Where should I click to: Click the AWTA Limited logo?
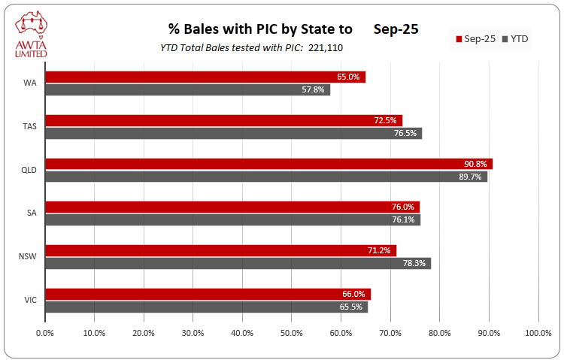30,34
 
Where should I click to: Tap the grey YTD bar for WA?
187,89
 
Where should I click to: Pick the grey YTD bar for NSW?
238,263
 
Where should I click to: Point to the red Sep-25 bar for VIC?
208,294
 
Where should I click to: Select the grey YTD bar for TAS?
233,133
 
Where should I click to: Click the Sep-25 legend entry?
475,38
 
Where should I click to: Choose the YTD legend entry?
514,38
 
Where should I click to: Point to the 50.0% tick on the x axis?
292,332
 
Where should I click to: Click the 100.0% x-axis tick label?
538,332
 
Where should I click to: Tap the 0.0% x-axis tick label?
45,332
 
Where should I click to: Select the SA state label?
30,213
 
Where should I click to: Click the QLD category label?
29,169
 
